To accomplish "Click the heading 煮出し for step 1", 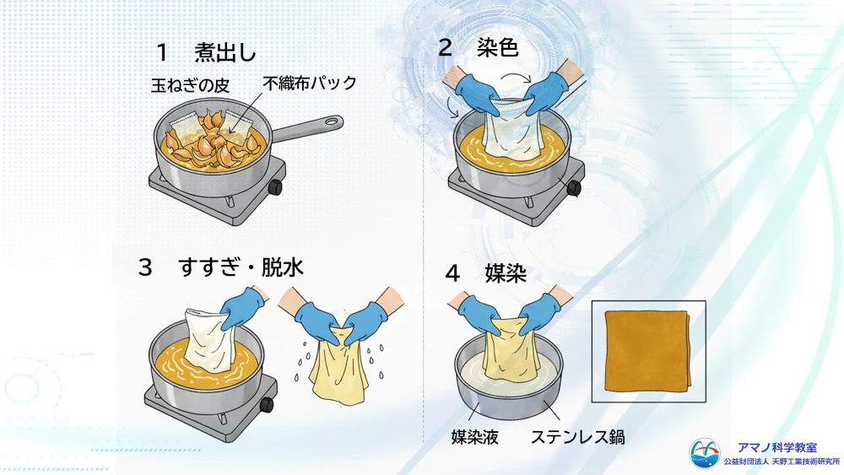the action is click(x=225, y=52).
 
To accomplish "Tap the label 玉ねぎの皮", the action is click(x=190, y=85).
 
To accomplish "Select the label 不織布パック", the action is click(x=310, y=83).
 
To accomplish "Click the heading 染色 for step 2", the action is click(x=497, y=48).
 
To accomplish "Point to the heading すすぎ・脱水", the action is click(x=241, y=267).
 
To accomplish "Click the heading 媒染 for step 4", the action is click(x=506, y=273).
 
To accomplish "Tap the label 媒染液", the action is click(x=474, y=437).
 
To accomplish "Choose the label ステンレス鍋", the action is click(x=577, y=437).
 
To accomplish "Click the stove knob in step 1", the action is click(x=276, y=187).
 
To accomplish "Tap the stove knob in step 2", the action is click(x=574, y=188).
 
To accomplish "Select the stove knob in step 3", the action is click(x=267, y=404).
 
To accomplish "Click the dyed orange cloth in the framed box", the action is click(x=648, y=351).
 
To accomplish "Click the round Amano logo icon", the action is click(x=705, y=453).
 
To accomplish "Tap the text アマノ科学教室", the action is click(x=776, y=447).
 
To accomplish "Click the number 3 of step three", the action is click(x=145, y=267).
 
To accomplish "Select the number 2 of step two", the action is click(x=445, y=48).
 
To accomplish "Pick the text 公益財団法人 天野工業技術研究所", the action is click(x=782, y=462).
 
